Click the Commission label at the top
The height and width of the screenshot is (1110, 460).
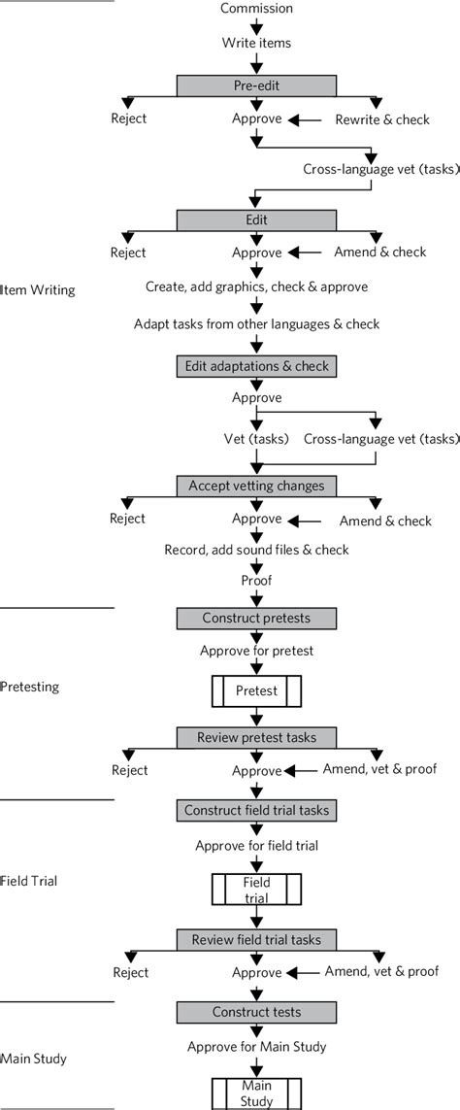click(256, 9)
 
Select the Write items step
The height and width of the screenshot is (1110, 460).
click(256, 43)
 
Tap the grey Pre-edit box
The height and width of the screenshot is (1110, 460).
click(256, 85)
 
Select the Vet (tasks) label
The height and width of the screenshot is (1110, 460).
click(254, 439)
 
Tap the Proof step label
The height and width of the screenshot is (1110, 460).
click(256, 581)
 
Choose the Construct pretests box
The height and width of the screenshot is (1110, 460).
click(256, 618)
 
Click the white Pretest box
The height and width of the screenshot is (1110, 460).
click(256, 691)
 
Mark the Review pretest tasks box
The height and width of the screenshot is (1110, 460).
click(256, 738)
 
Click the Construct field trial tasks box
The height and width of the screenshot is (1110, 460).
click(256, 810)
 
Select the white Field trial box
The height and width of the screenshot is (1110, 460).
click(256, 889)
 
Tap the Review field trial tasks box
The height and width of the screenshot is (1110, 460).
click(256, 939)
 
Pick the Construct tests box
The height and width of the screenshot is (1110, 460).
click(256, 1012)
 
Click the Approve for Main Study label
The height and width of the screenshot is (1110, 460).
click(256, 1046)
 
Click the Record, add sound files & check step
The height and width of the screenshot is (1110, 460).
click(256, 550)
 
